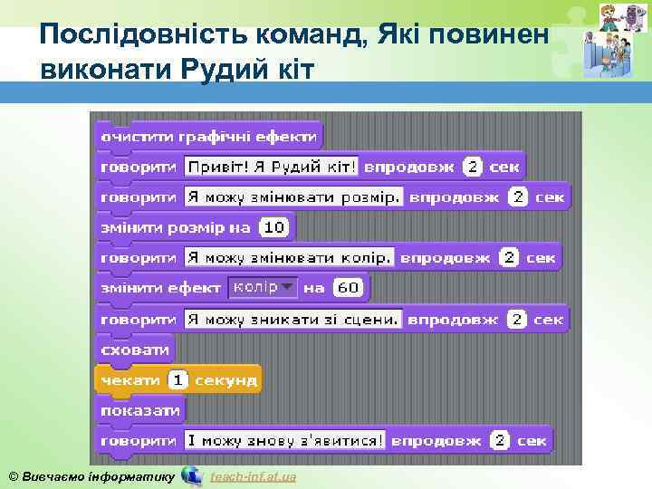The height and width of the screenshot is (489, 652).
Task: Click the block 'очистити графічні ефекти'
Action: coord(208,137)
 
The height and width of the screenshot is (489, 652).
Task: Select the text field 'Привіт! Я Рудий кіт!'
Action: coord(272,167)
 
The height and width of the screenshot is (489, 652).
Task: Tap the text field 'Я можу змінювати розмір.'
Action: coord(293,197)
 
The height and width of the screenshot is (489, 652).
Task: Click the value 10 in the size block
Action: coord(273,227)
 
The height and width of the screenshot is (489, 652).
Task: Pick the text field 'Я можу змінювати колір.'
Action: coord(289,257)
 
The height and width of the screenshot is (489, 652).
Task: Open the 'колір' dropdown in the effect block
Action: coord(262,287)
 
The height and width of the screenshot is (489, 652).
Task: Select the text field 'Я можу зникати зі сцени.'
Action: coord(293,319)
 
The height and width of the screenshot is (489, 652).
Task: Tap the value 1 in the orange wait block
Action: coord(178,380)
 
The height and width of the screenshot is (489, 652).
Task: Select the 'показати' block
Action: coord(140,410)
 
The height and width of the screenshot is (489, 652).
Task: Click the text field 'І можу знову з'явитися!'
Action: coord(284,441)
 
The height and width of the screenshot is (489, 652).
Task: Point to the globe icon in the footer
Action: coord(192,475)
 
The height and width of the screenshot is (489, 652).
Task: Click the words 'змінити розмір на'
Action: coord(176,227)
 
